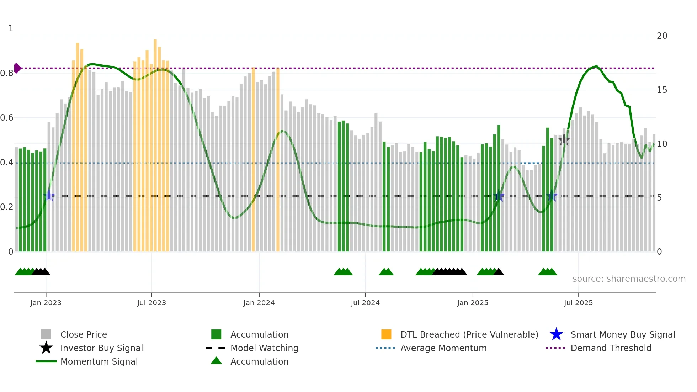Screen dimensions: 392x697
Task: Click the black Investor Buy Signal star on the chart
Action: click(x=564, y=140)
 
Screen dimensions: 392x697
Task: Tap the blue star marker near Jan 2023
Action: click(x=49, y=195)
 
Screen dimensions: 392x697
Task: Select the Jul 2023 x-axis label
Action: click(x=151, y=303)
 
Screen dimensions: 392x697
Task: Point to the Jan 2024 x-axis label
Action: click(x=259, y=303)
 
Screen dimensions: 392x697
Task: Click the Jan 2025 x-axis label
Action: click(x=473, y=303)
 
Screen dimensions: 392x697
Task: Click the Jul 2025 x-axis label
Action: click(x=578, y=303)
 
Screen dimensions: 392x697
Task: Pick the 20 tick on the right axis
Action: click(x=662, y=36)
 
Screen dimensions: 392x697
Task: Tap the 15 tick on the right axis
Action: click(x=662, y=90)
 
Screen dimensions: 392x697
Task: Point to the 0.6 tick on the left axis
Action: click(x=7, y=118)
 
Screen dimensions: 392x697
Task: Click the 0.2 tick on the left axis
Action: click(x=7, y=207)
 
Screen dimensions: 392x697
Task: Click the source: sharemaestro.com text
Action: click(x=629, y=279)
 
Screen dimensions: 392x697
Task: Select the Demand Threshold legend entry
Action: click(x=611, y=348)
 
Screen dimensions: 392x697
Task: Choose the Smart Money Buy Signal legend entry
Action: click(x=622, y=334)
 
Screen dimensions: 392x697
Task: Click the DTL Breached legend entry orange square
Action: click(x=386, y=334)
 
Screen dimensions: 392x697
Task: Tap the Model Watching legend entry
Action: click(x=264, y=348)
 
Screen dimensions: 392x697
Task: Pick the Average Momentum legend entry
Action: click(x=443, y=348)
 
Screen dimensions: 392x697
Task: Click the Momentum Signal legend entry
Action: click(x=99, y=361)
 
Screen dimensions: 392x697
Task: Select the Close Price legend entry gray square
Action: click(x=46, y=334)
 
